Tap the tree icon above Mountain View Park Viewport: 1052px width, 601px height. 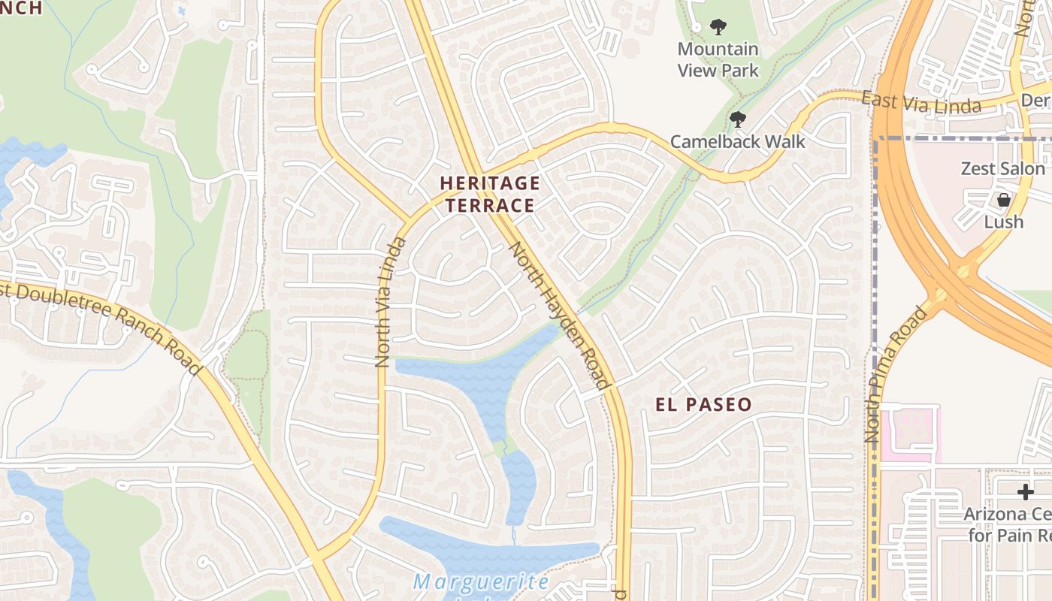click(x=718, y=28)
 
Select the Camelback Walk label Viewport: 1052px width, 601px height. click(x=737, y=141)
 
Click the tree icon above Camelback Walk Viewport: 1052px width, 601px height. click(x=737, y=119)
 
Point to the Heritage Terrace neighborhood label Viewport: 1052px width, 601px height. click(x=489, y=194)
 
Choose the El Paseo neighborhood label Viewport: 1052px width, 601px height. click(x=703, y=405)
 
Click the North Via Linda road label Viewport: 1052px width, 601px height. click(x=391, y=302)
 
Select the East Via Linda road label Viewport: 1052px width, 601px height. click(x=920, y=103)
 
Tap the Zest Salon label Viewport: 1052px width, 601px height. click(x=1002, y=168)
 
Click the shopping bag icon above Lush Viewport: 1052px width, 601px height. click(x=1003, y=200)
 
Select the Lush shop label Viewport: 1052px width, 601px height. click(x=1003, y=222)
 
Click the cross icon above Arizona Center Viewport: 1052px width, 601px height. click(x=1025, y=492)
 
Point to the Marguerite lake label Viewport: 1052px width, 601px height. click(x=481, y=582)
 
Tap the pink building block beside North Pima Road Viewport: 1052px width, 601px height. click(x=909, y=434)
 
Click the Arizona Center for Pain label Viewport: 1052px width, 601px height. click(x=1007, y=524)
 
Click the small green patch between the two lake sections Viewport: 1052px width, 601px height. click(x=500, y=449)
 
